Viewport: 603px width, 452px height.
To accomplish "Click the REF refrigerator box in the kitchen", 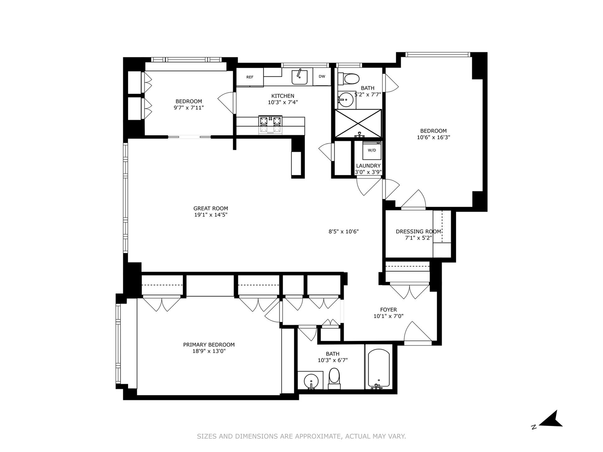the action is [x=249, y=77].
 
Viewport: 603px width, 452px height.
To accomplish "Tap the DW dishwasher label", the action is [x=322, y=76].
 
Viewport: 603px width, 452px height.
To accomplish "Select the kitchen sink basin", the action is [x=300, y=77].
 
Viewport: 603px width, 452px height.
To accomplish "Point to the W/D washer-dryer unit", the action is [x=372, y=150].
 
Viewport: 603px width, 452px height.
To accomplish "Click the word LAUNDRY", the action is [x=368, y=166].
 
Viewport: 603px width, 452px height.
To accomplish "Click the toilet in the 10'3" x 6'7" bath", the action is [x=334, y=379].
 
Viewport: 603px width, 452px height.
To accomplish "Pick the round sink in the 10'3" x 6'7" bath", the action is [x=311, y=381].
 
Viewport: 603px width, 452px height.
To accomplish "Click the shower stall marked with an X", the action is [x=358, y=123].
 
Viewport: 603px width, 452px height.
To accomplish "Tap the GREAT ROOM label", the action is [x=211, y=209].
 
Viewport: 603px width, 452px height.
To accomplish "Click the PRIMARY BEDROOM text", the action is [x=209, y=345].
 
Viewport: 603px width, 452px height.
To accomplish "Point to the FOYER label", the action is [x=389, y=310].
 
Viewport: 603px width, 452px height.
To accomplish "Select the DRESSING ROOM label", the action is [x=418, y=232].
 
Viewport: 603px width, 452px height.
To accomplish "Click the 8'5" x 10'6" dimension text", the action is [x=344, y=232].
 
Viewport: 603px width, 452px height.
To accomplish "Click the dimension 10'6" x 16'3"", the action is [x=433, y=137].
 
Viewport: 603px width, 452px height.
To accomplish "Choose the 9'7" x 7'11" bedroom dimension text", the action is [x=189, y=108].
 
